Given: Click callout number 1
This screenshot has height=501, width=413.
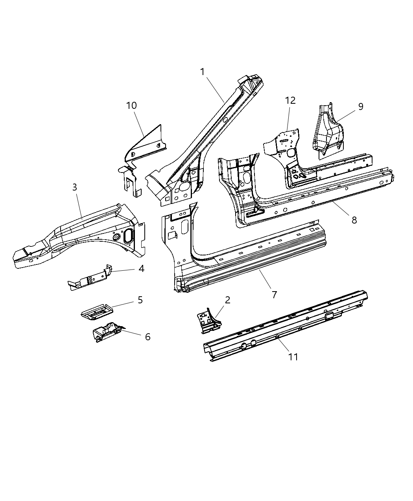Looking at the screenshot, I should (x=203, y=72).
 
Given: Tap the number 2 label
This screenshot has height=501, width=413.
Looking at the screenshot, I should (x=227, y=300).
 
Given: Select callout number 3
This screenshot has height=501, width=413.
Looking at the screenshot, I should (x=75, y=187).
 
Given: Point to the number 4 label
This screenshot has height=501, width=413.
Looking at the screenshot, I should (x=141, y=269).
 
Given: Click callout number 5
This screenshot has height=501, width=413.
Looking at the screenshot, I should (x=140, y=300).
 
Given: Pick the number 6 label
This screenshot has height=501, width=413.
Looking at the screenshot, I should (x=147, y=337).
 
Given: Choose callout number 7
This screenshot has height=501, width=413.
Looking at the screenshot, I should (x=274, y=294).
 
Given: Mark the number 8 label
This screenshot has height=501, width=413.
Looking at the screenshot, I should (x=354, y=220).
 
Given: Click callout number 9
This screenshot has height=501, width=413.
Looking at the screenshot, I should (x=360, y=106).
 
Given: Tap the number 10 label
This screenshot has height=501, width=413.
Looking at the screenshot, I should (x=131, y=106).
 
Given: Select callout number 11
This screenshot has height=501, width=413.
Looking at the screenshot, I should (x=293, y=356).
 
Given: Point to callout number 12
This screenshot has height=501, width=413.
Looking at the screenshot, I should (x=290, y=101).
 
